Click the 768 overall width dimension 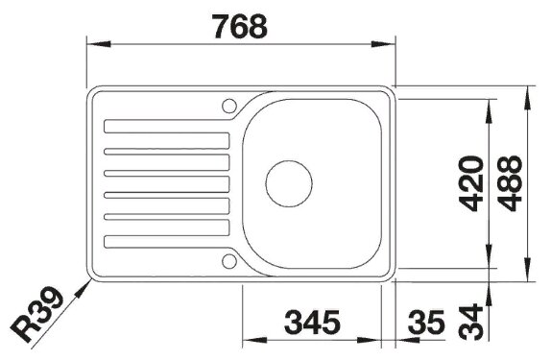tap(240, 26)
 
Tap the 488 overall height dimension tap(510, 183)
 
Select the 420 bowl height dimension tap(471, 183)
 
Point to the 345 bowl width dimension tap(312, 322)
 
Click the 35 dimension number tap(426, 322)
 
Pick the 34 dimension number tap(471, 322)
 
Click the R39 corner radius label tap(36, 314)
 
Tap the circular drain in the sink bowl tap(289, 183)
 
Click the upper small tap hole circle tap(229, 106)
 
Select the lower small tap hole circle tap(229, 261)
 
